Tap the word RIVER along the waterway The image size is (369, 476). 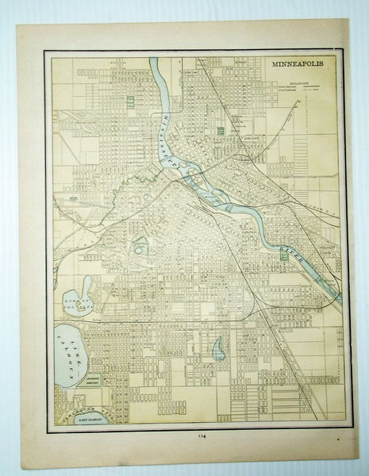288,252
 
